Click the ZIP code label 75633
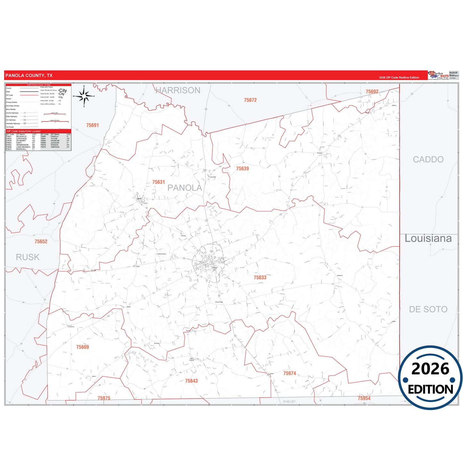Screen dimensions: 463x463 tap(260, 277)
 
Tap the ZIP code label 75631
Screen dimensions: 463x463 tap(158, 182)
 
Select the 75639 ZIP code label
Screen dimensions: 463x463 tap(242, 169)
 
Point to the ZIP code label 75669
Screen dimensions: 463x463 tap(82, 347)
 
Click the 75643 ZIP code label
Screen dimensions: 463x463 tap(191, 381)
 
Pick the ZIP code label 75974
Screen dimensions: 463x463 tap(289, 373)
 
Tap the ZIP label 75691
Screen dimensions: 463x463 tap(92, 125)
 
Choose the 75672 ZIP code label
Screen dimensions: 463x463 tap(250, 100)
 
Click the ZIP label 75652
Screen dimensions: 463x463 tap(41, 242)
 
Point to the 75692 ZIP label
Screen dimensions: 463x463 tap(372, 92)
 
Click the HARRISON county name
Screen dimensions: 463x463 tap(178, 90)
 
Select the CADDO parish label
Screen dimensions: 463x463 tap(428, 160)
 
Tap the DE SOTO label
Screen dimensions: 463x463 tap(428, 309)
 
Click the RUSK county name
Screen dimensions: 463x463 tap(28, 257)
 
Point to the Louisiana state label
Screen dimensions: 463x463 tap(428, 238)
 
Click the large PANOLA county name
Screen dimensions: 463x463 tap(185, 188)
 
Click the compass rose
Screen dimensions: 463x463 tap(84, 96)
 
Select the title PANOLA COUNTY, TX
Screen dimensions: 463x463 tap(29, 76)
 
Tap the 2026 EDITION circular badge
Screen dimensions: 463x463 tap(430, 378)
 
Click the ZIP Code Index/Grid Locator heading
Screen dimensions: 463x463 tap(23, 131)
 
